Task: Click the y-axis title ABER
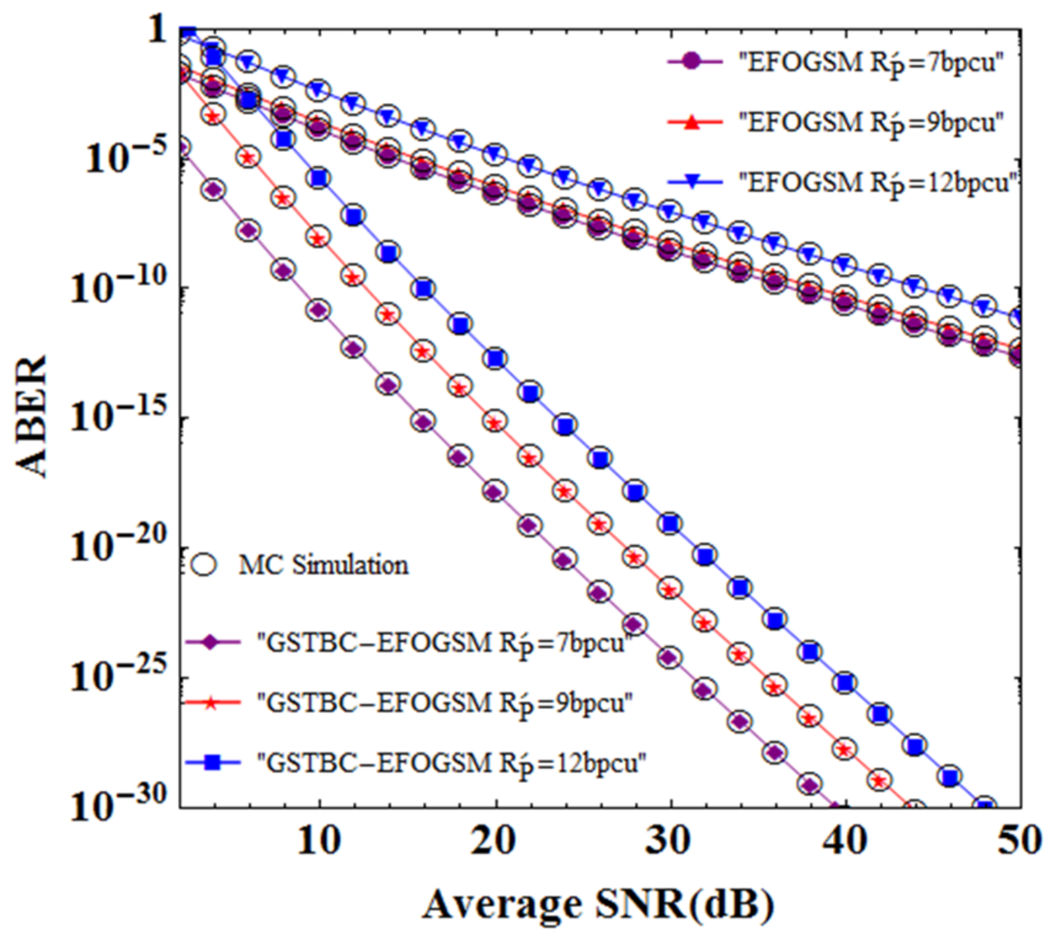31,416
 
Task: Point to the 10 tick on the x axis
319,839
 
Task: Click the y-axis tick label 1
158,29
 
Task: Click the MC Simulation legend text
323,565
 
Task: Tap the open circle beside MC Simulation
204,565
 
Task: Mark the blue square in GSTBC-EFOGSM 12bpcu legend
212,763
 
